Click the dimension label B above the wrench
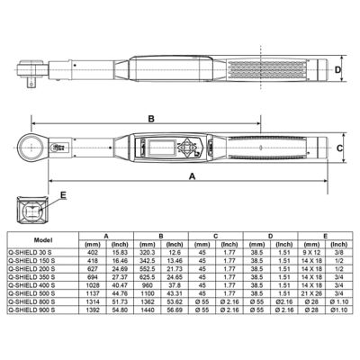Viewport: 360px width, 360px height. tap(151, 119)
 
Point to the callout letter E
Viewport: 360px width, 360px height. tap(62, 194)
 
